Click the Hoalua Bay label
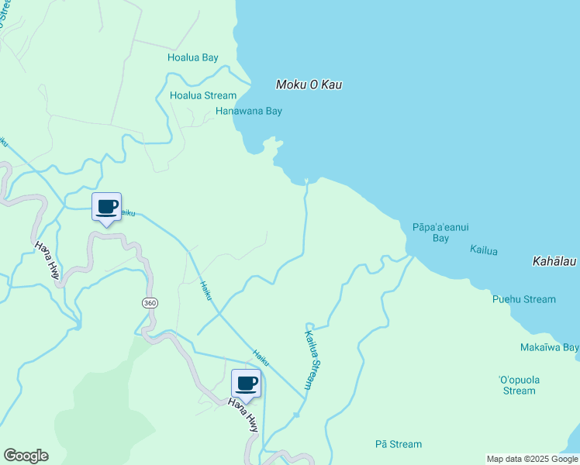[x=193, y=57]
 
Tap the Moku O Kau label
[x=310, y=84]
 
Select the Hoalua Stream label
[x=203, y=95]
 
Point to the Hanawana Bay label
[x=248, y=111]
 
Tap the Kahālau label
[x=554, y=262]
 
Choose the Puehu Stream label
[x=523, y=299]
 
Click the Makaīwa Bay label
[x=549, y=348]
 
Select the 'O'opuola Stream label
[x=519, y=385]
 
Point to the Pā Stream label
[x=398, y=444]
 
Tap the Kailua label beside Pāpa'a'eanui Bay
[x=484, y=250]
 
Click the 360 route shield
[x=150, y=302]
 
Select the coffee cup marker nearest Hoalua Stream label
[x=107, y=208]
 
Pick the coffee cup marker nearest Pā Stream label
[x=247, y=384]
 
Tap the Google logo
[x=26, y=456]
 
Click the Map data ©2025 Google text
[x=533, y=459]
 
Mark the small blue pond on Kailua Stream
[x=296, y=415]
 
